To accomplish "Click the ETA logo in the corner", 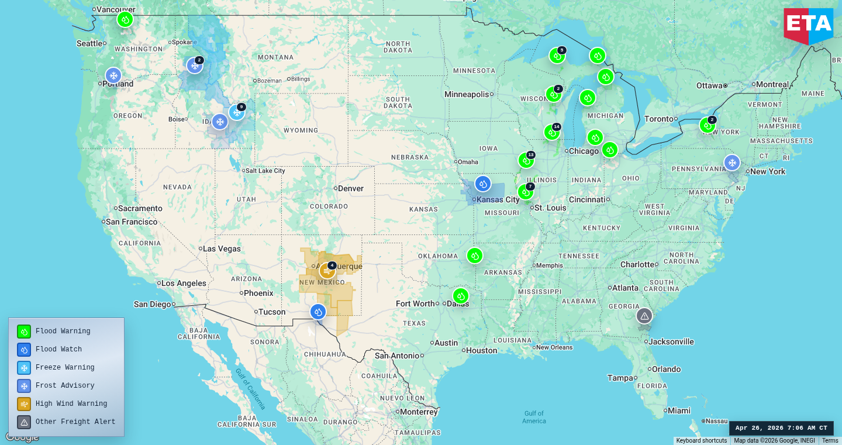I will coord(808,25).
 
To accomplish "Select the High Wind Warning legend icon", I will coord(24,404).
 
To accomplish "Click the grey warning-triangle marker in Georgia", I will coord(644,316).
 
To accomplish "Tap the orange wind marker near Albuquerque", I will coord(327,271).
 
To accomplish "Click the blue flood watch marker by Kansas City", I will coord(482,184).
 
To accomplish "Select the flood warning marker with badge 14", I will coord(551,132).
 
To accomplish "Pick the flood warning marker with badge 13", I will coord(526,160).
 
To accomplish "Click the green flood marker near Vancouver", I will coord(125,19).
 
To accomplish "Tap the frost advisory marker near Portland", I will coord(113,75).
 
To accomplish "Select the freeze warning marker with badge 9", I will coord(236,112).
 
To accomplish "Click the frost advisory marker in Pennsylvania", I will coord(731,163).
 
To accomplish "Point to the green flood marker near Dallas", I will coord(460,296).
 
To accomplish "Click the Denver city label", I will coord(350,188).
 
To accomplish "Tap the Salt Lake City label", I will coord(265,171).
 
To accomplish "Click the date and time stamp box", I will coord(781,428).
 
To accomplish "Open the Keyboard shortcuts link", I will coord(701,441).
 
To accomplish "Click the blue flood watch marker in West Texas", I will coord(318,312).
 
